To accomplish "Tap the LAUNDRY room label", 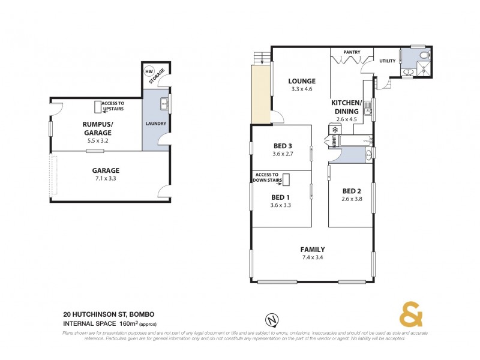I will (155, 124).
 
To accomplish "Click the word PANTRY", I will (352, 52).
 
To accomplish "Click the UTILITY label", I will (387, 61).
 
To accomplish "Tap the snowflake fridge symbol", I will (334, 130).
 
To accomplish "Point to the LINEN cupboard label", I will (334, 142).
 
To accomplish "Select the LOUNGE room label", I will (301, 81).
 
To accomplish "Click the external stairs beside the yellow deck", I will (259, 58).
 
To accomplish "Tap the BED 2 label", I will (350, 191).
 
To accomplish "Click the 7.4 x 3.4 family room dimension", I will (312, 258).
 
